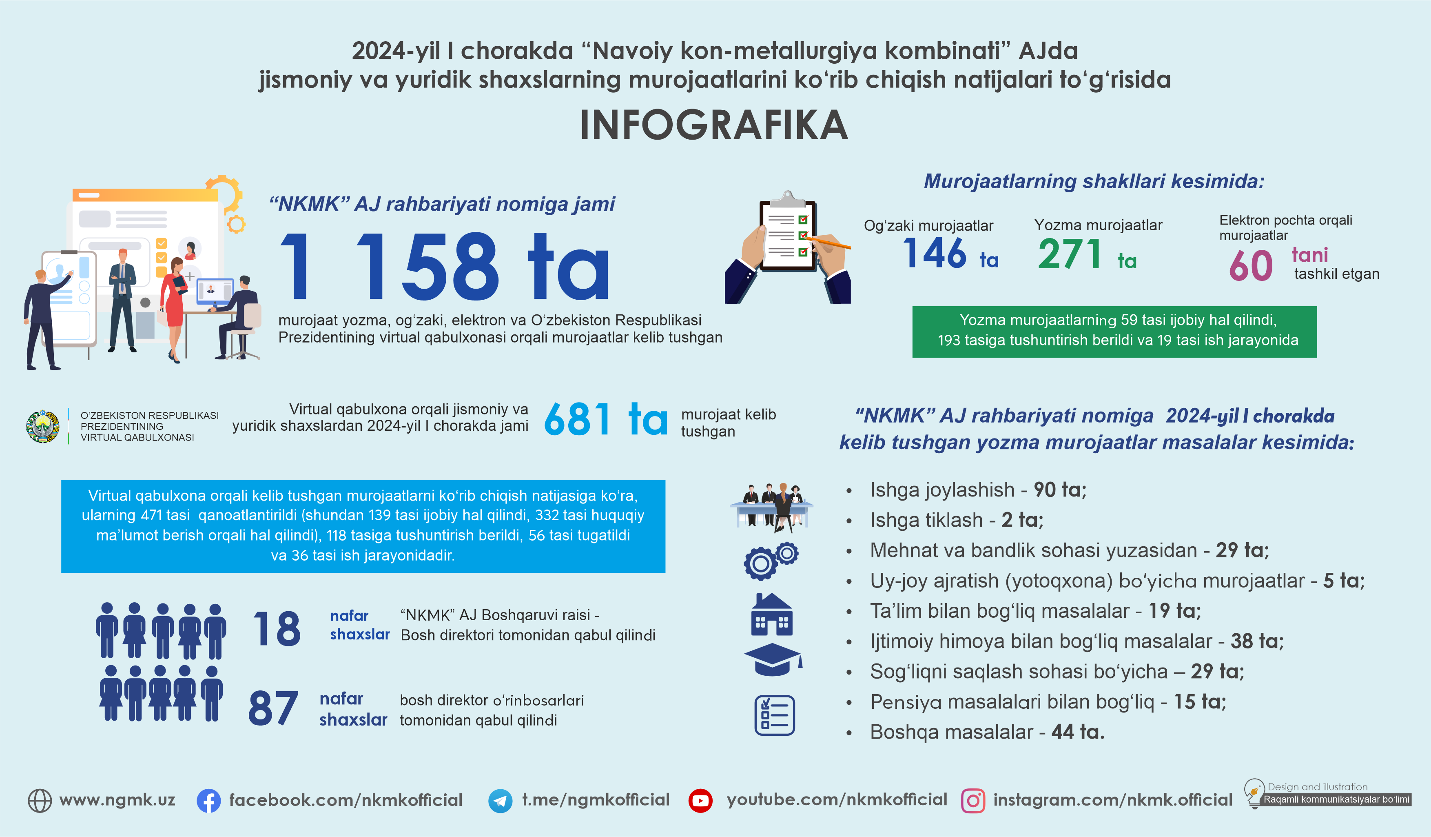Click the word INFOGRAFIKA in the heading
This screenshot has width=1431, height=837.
point(714,125)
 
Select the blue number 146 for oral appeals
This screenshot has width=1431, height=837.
point(934,254)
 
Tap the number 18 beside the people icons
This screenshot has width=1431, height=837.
point(277,629)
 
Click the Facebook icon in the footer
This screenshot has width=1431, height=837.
point(208,801)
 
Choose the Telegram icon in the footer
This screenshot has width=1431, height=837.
point(500,801)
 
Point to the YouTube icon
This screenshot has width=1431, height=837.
point(700,801)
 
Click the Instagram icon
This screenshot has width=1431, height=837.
point(973,801)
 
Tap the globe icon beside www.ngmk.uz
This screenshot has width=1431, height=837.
point(40,801)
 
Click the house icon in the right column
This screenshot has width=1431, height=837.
point(772,615)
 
